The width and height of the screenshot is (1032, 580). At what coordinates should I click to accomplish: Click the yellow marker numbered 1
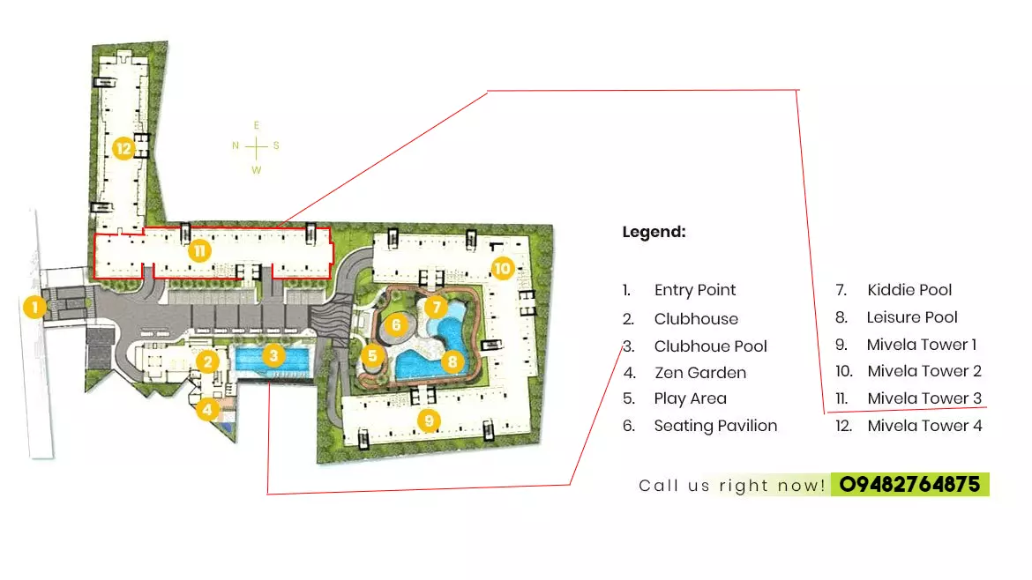pyautogui.click(x=34, y=308)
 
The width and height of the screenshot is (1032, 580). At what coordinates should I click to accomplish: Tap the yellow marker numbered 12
pyautogui.click(x=123, y=148)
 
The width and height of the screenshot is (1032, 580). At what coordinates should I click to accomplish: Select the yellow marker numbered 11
pyautogui.click(x=200, y=250)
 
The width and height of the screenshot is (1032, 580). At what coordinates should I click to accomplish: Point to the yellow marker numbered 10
pyautogui.click(x=503, y=267)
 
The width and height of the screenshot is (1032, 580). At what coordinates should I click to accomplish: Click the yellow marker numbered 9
pyautogui.click(x=429, y=420)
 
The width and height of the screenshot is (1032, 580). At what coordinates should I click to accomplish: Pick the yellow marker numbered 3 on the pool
pyautogui.click(x=274, y=356)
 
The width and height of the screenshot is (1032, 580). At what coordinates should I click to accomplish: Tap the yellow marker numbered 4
pyautogui.click(x=207, y=409)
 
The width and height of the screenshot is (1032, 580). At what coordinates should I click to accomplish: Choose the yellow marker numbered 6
pyautogui.click(x=396, y=324)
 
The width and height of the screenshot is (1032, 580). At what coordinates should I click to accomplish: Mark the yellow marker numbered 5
pyautogui.click(x=372, y=356)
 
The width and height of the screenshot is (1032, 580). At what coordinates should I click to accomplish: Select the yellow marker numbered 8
pyautogui.click(x=452, y=360)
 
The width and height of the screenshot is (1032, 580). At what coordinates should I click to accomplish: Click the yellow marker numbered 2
pyautogui.click(x=208, y=361)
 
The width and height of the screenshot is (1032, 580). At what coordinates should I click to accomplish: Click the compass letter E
pyautogui.click(x=256, y=125)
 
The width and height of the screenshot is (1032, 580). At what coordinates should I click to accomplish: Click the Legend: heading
pyautogui.click(x=654, y=233)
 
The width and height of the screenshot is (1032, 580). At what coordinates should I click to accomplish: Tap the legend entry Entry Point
pyautogui.click(x=694, y=290)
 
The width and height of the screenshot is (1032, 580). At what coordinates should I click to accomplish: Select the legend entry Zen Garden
pyautogui.click(x=699, y=373)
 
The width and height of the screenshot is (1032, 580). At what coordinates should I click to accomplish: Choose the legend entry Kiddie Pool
pyautogui.click(x=909, y=290)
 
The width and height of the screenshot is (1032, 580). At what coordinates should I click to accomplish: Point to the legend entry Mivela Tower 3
pyautogui.click(x=924, y=398)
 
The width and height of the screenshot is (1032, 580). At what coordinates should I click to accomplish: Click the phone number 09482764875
pyautogui.click(x=909, y=484)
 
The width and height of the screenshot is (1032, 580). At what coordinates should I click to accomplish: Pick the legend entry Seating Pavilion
pyautogui.click(x=715, y=426)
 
